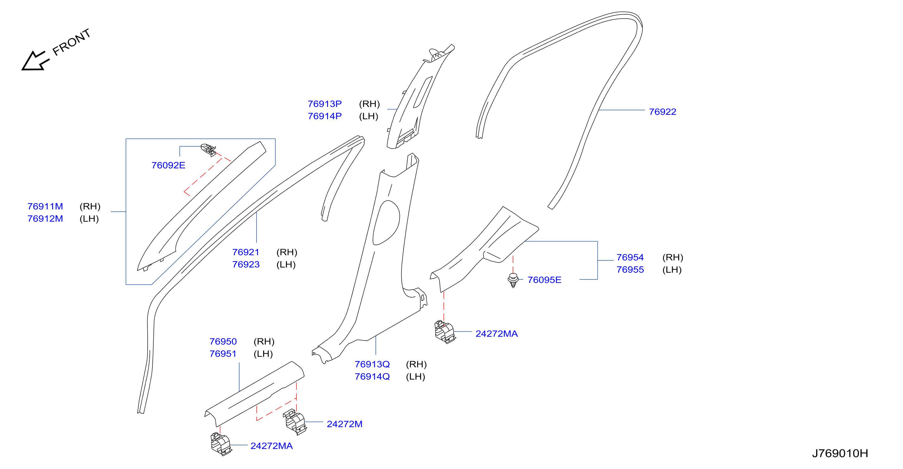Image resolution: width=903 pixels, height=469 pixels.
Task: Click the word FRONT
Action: click(x=71, y=42)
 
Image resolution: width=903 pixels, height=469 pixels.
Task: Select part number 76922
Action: click(x=662, y=112)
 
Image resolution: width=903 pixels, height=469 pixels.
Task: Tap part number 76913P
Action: click(x=325, y=104)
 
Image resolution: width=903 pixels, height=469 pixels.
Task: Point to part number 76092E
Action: click(x=168, y=165)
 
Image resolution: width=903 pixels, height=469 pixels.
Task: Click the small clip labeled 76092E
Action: click(x=208, y=150)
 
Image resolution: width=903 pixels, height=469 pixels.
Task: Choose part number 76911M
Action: click(x=45, y=206)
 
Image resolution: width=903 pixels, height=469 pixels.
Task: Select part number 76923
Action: click(x=246, y=265)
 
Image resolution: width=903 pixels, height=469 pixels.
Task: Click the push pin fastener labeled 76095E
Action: click(x=513, y=280)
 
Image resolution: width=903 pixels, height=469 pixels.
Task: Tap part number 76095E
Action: click(x=544, y=280)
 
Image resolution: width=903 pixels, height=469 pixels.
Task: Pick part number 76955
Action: click(x=630, y=270)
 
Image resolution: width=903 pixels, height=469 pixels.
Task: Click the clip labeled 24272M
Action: click(x=295, y=422)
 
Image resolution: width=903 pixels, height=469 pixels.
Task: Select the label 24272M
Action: click(x=344, y=424)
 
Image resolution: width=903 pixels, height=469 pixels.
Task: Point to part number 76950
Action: click(x=223, y=342)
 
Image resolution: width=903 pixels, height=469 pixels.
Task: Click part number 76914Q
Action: click(x=372, y=376)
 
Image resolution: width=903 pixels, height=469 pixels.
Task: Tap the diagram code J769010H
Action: click(x=840, y=454)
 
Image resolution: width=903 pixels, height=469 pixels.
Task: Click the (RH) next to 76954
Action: click(x=673, y=258)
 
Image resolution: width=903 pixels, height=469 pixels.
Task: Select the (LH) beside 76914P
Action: click(x=368, y=116)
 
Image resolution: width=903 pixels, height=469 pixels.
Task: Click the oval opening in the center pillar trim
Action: click(x=386, y=223)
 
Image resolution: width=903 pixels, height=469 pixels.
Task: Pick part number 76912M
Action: click(x=45, y=219)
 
